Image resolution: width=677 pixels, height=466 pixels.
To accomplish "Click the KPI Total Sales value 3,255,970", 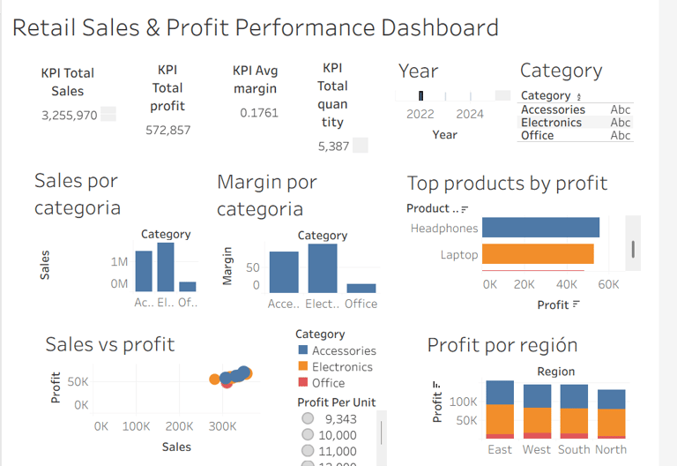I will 70,115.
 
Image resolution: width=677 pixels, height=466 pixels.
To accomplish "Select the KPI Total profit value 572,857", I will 167,130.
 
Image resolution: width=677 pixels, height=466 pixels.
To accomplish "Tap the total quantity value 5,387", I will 333,146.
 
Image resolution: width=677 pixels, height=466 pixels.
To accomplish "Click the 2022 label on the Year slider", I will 420,114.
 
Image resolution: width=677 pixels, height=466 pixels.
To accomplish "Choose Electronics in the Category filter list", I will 551,123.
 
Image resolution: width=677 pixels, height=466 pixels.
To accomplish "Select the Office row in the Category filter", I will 538,135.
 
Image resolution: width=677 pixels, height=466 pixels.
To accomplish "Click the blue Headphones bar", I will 540,228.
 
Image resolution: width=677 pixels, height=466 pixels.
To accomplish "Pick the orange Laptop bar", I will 538,254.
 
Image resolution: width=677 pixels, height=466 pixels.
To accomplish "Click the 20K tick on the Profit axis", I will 524,285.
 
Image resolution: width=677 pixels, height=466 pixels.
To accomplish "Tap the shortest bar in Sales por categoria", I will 188,286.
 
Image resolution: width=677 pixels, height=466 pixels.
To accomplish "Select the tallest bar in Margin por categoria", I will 323,267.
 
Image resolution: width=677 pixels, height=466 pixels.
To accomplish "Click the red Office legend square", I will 302,383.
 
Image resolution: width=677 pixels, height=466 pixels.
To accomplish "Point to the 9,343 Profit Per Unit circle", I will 308,419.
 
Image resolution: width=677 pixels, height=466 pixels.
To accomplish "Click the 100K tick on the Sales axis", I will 136,426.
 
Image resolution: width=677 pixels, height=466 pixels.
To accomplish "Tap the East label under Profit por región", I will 500,449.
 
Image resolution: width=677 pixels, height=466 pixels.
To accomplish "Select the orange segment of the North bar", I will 611,422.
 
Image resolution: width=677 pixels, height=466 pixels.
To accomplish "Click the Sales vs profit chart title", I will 109,344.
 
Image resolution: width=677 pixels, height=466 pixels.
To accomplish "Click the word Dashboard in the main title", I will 439,27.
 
